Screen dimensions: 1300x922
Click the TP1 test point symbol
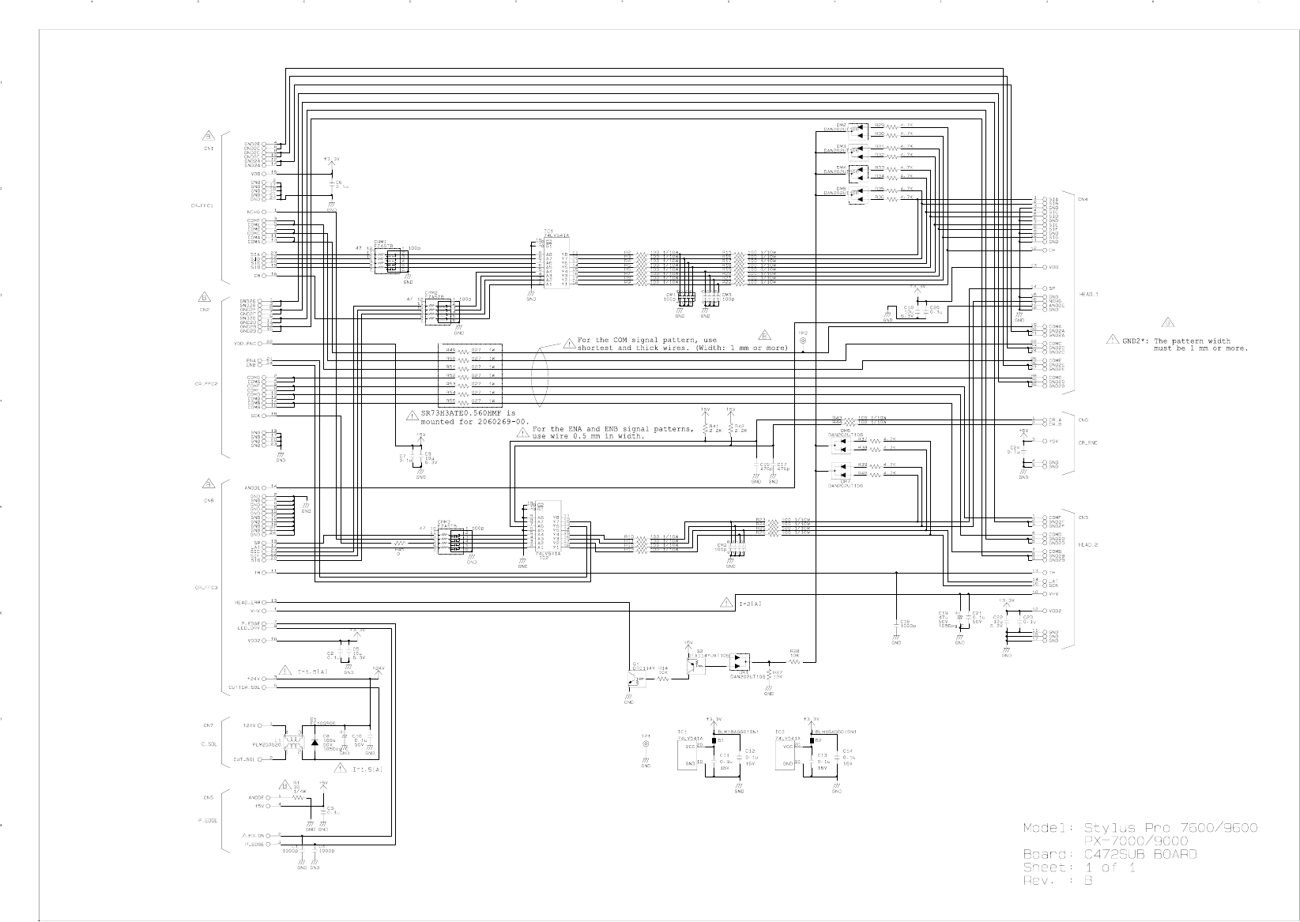point(646,744)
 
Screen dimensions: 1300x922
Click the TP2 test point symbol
point(803,341)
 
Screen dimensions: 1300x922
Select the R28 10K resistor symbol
point(794,662)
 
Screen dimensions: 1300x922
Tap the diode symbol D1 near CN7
point(316,743)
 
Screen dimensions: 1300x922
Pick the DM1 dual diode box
point(741,662)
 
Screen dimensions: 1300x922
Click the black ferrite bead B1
point(714,740)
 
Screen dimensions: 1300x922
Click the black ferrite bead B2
point(812,740)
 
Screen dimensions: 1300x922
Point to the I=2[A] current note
point(750,604)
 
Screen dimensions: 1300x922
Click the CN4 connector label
point(1083,199)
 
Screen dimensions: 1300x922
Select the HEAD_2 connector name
point(1089,545)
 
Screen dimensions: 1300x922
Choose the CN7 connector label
point(208,725)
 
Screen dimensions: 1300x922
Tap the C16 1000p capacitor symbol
point(896,622)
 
